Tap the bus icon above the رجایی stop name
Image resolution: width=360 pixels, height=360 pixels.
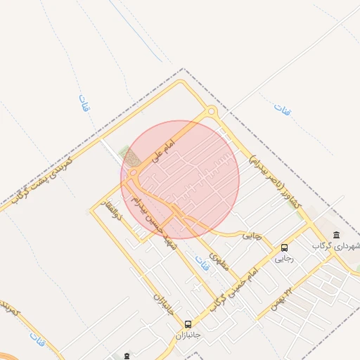point(284,247)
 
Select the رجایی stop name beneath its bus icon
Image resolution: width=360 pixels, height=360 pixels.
point(284,259)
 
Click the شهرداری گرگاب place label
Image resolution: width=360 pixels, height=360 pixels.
point(338,246)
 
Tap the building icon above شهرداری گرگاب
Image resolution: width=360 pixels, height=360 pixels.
point(337,235)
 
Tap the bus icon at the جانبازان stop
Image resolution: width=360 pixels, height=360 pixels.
point(188,324)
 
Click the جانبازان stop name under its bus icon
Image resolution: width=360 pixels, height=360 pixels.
point(188,335)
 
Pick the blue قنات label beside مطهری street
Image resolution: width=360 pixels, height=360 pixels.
point(205,262)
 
